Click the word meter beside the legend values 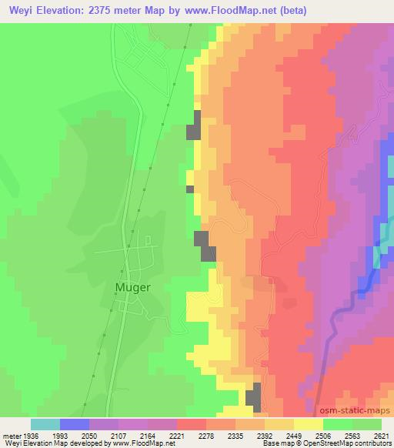coord(11,434)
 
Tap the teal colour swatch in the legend coord(45,424)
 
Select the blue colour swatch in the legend coord(75,424)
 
